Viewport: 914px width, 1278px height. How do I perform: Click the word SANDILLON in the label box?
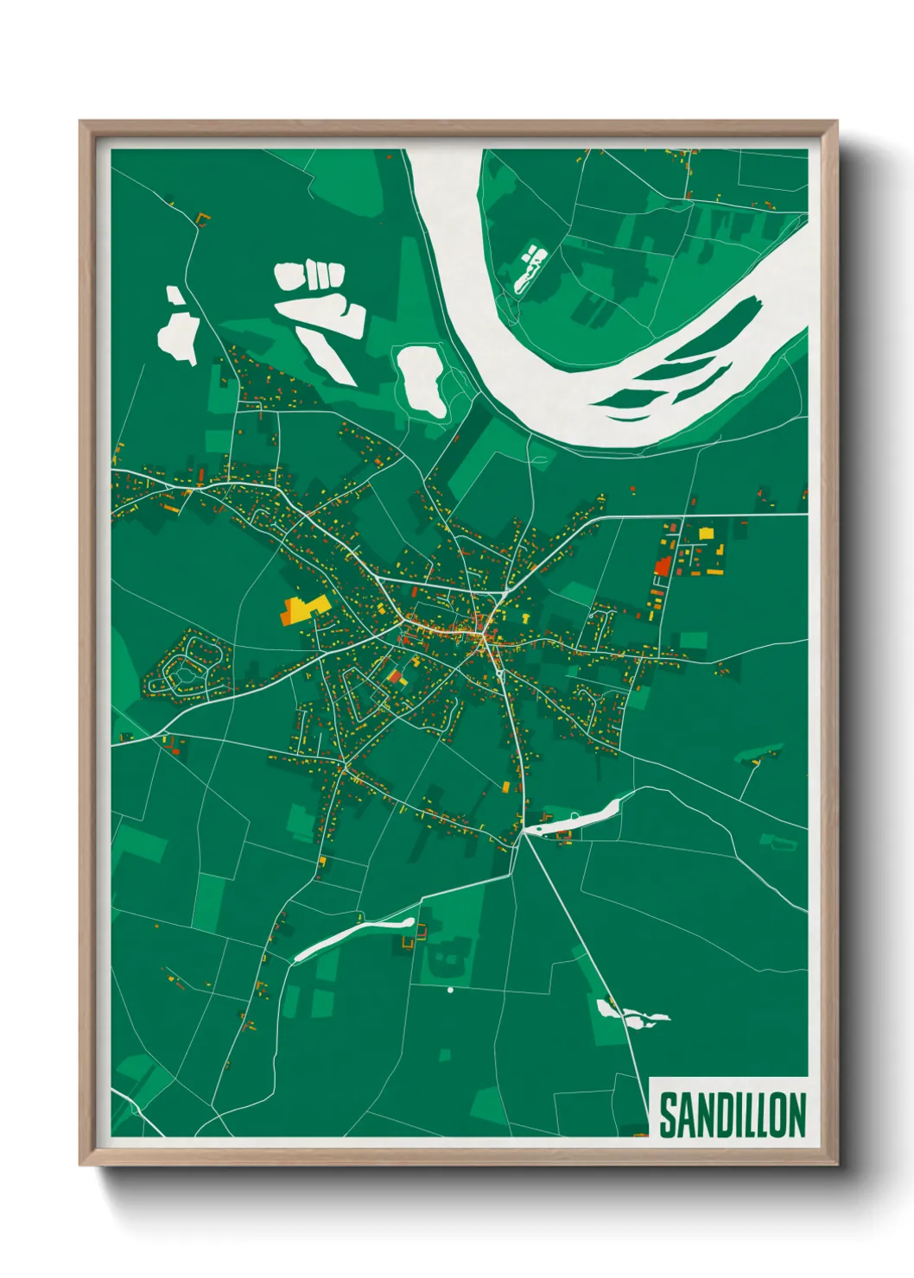[732, 1115]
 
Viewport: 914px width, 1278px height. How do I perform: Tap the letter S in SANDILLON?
[669, 1115]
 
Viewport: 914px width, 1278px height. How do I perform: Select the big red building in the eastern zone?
[663, 566]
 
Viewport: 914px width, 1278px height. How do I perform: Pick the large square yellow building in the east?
[706, 533]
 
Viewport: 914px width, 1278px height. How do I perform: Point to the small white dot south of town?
[450, 990]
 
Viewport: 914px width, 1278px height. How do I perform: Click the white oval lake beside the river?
[422, 380]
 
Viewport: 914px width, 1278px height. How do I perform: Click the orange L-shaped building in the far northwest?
[203, 217]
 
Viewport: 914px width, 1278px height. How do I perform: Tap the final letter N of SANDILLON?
[797, 1115]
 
